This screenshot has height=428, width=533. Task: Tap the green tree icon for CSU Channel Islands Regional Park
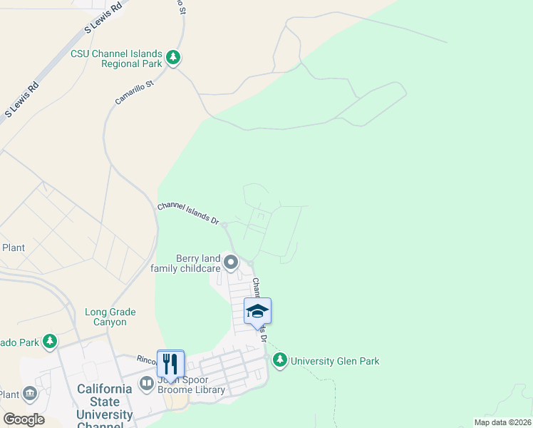click(x=173, y=58)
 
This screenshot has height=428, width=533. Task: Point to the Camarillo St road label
click(x=135, y=93)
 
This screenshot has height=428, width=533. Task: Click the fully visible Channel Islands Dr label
click(x=188, y=213)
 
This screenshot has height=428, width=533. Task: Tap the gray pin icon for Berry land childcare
click(x=231, y=263)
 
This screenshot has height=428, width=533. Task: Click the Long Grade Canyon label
click(x=110, y=317)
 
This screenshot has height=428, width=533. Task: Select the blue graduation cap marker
click(x=257, y=311)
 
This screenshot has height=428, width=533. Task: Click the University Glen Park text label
click(x=334, y=361)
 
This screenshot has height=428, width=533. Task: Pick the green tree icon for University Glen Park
click(x=280, y=360)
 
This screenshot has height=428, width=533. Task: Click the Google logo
click(x=24, y=419)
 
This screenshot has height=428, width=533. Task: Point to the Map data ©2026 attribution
click(x=502, y=422)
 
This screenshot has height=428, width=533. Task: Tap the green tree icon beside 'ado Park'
click(x=50, y=342)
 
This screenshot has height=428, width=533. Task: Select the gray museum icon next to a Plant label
click(x=30, y=394)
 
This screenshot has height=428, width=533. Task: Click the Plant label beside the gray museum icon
click(x=9, y=394)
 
